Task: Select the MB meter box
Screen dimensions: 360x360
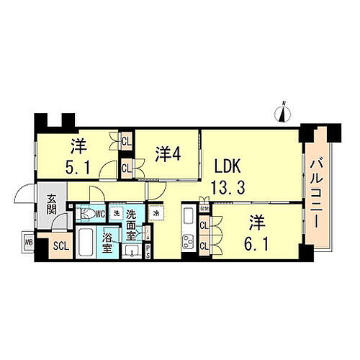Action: click(x=29, y=243)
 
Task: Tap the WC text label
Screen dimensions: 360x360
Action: click(x=100, y=215)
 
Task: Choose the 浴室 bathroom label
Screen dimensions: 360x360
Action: click(x=107, y=242)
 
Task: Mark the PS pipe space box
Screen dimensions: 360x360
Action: click(x=148, y=249)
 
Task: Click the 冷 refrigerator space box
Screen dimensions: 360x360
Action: click(x=157, y=213)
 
